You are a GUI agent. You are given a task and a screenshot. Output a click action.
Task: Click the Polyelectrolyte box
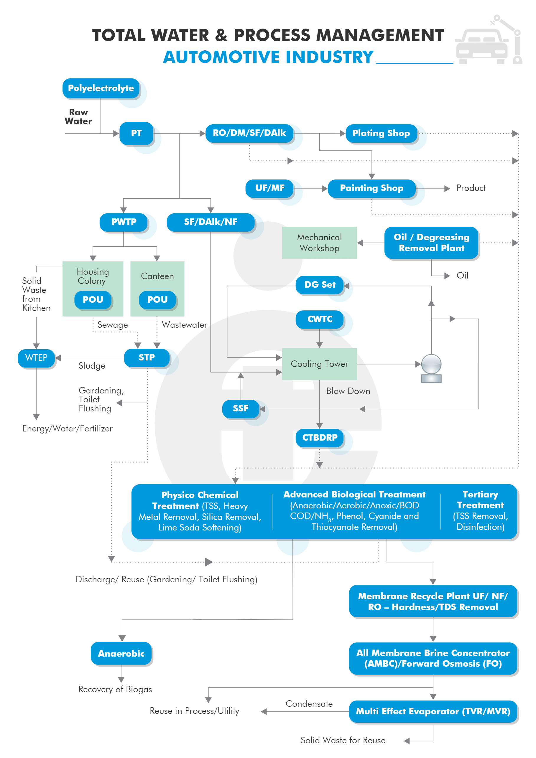(x=101, y=88)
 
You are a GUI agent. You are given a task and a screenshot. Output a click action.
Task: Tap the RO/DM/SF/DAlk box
(x=249, y=133)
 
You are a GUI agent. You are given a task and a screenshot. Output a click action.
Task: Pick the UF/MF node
(x=269, y=188)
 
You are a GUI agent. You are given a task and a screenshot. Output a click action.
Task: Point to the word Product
(x=471, y=188)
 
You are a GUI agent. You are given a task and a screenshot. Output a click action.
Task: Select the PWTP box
(x=124, y=222)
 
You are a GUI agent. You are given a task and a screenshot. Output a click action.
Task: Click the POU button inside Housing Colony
(x=93, y=299)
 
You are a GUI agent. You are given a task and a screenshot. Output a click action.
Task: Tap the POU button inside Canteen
(x=157, y=299)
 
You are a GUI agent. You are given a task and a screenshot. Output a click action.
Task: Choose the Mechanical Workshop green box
(x=319, y=243)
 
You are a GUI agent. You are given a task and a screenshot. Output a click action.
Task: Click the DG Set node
(x=319, y=285)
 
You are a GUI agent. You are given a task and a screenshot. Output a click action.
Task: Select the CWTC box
(x=319, y=319)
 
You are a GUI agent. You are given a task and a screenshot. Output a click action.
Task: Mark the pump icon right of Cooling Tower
(x=431, y=368)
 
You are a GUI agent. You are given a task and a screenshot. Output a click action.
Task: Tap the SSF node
(x=240, y=409)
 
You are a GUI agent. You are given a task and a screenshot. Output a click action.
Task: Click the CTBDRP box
(x=319, y=437)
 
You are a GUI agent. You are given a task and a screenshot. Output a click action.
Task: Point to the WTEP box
(x=36, y=357)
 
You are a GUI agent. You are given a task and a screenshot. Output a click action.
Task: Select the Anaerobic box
(x=121, y=653)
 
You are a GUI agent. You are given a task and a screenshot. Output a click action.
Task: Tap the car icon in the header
(x=482, y=46)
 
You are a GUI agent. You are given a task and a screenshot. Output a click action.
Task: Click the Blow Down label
(x=348, y=391)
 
